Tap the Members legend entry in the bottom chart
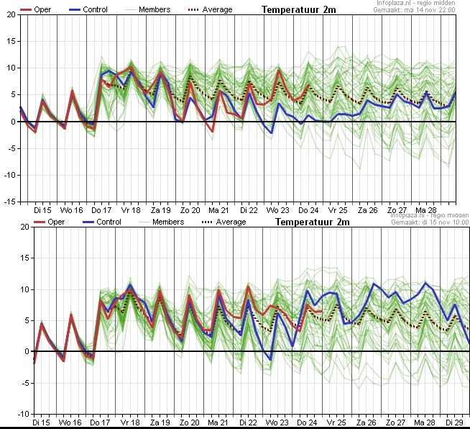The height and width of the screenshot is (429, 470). [x=167, y=222]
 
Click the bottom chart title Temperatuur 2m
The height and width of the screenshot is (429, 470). [x=312, y=222]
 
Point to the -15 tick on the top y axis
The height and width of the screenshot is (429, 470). [x=9, y=202]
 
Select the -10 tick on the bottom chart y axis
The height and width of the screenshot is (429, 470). [x=9, y=414]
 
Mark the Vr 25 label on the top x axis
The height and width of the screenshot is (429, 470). [x=338, y=209]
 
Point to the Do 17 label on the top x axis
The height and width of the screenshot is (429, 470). [x=101, y=209]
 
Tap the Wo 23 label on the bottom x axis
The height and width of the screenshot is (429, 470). [x=278, y=423]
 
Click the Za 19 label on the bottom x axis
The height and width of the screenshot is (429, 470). [x=160, y=423]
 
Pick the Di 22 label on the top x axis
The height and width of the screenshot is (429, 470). [x=249, y=209]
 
